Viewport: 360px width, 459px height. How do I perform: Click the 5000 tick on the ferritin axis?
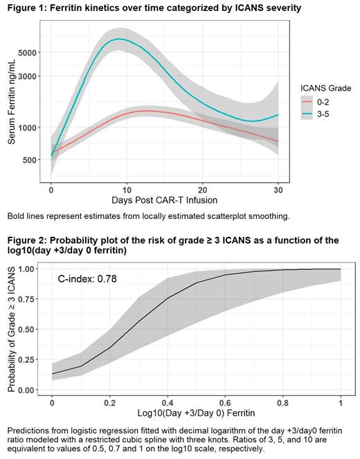[28, 52]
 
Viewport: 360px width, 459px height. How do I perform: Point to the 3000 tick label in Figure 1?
[28, 76]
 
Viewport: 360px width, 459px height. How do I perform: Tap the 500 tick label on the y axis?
[31, 160]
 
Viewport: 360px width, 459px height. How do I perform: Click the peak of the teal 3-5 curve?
[120, 39]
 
